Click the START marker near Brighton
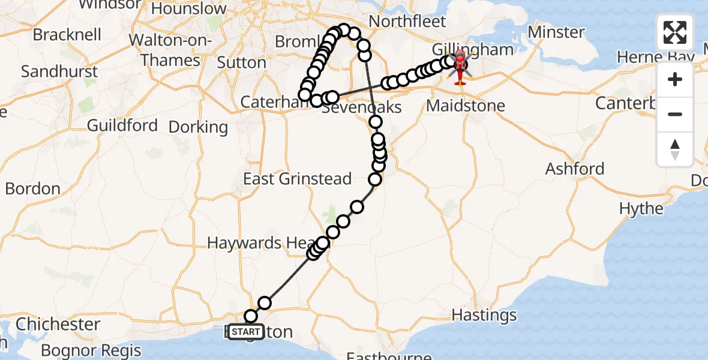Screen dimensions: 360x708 pos(245,332)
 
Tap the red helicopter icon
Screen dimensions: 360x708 pos(460,67)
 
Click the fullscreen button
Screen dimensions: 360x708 pos(675,32)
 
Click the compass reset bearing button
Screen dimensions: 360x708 pos(675,149)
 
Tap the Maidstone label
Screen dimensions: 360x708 pos(466,106)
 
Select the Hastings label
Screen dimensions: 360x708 pos(484,315)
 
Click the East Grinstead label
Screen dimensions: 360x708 pos(297,179)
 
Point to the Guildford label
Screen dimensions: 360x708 pos(122,125)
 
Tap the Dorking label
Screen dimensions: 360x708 pos(198,127)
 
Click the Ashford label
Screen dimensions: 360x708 pos(574,169)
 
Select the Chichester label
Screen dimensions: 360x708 pos(58,325)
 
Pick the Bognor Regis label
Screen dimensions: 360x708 pos(91,350)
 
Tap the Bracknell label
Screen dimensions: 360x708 pos(67,35)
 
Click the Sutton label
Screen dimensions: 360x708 pos(241,62)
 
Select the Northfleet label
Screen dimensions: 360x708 pos(407,22)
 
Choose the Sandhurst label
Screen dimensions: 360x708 pos(59,71)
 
